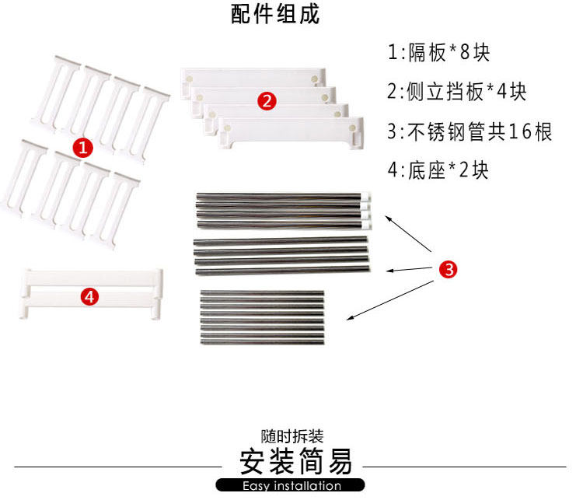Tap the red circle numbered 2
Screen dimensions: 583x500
(x=266, y=100)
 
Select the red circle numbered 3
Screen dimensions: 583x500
(x=448, y=269)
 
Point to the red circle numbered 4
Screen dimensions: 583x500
(x=89, y=296)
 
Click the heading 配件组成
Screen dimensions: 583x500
(x=276, y=16)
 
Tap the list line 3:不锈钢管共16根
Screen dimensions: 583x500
(x=470, y=131)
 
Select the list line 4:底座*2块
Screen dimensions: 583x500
(x=438, y=170)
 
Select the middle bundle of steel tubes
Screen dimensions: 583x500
(x=280, y=255)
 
